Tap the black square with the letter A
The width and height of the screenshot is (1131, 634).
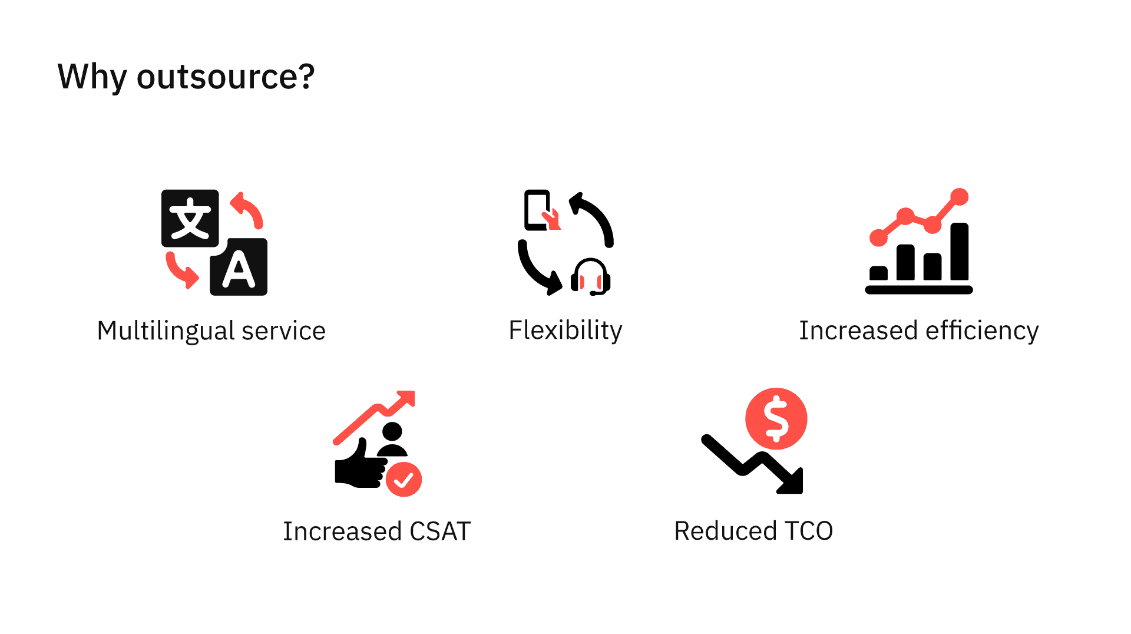point(239,267)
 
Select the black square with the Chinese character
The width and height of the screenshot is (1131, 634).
point(190,218)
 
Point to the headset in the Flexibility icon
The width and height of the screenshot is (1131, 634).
point(591,276)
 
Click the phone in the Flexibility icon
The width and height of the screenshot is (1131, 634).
point(537,210)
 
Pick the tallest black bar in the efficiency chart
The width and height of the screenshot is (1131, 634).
point(960,252)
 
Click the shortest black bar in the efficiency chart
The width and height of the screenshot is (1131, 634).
point(878,273)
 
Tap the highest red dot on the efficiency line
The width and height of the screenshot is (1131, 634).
point(960,197)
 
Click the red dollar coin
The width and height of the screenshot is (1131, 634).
point(776,418)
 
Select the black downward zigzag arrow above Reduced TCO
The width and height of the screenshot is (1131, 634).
point(752,464)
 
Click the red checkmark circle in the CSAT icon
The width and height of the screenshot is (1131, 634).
point(404,480)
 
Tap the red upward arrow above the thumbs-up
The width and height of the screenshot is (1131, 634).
point(375,417)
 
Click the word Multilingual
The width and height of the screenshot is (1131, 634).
point(166,331)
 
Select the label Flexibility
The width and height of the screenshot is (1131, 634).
point(565,331)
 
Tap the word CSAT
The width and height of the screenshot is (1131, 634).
point(440,531)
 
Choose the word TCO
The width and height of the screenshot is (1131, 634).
point(809,531)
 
